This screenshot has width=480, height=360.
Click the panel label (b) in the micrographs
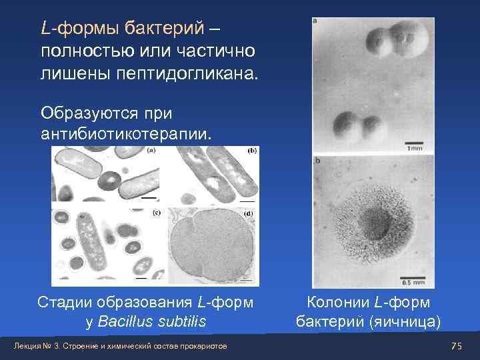pyautogui.click(x=251, y=151)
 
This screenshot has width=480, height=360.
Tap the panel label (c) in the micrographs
pyautogui.click(x=157, y=213)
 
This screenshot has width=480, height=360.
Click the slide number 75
pyautogui.click(x=456, y=346)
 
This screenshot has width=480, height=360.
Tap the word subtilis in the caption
pyautogui.click(x=179, y=322)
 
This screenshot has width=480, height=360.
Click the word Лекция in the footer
pyautogui.click(x=31, y=346)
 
